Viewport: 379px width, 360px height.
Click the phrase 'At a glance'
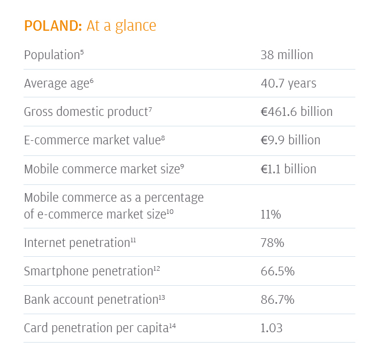coord(121,26)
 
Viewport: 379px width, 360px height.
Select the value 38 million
coord(287,55)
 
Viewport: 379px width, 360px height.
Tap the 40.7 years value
coord(288,83)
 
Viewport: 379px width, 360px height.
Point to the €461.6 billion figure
coord(297,112)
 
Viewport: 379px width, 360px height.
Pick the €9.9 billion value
coord(290,140)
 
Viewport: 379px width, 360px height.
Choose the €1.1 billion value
coord(288,169)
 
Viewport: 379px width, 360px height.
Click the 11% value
coord(270,214)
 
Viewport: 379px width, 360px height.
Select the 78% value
coord(272,243)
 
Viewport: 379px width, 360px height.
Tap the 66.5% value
coord(277,271)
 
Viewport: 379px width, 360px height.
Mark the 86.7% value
coord(277,300)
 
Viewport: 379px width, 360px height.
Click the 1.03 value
coord(272,328)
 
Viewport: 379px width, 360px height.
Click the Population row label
coord(51,55)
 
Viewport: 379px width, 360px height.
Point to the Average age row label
coord(56,83)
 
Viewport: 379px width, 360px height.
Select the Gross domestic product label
coord(85,112)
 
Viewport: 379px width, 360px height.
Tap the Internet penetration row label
coord(76,243)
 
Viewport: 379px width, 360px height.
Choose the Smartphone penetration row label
coord(88,271)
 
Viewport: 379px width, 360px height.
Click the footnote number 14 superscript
coord(172,326)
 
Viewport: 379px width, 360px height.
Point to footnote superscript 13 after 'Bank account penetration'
coord(162,297)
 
